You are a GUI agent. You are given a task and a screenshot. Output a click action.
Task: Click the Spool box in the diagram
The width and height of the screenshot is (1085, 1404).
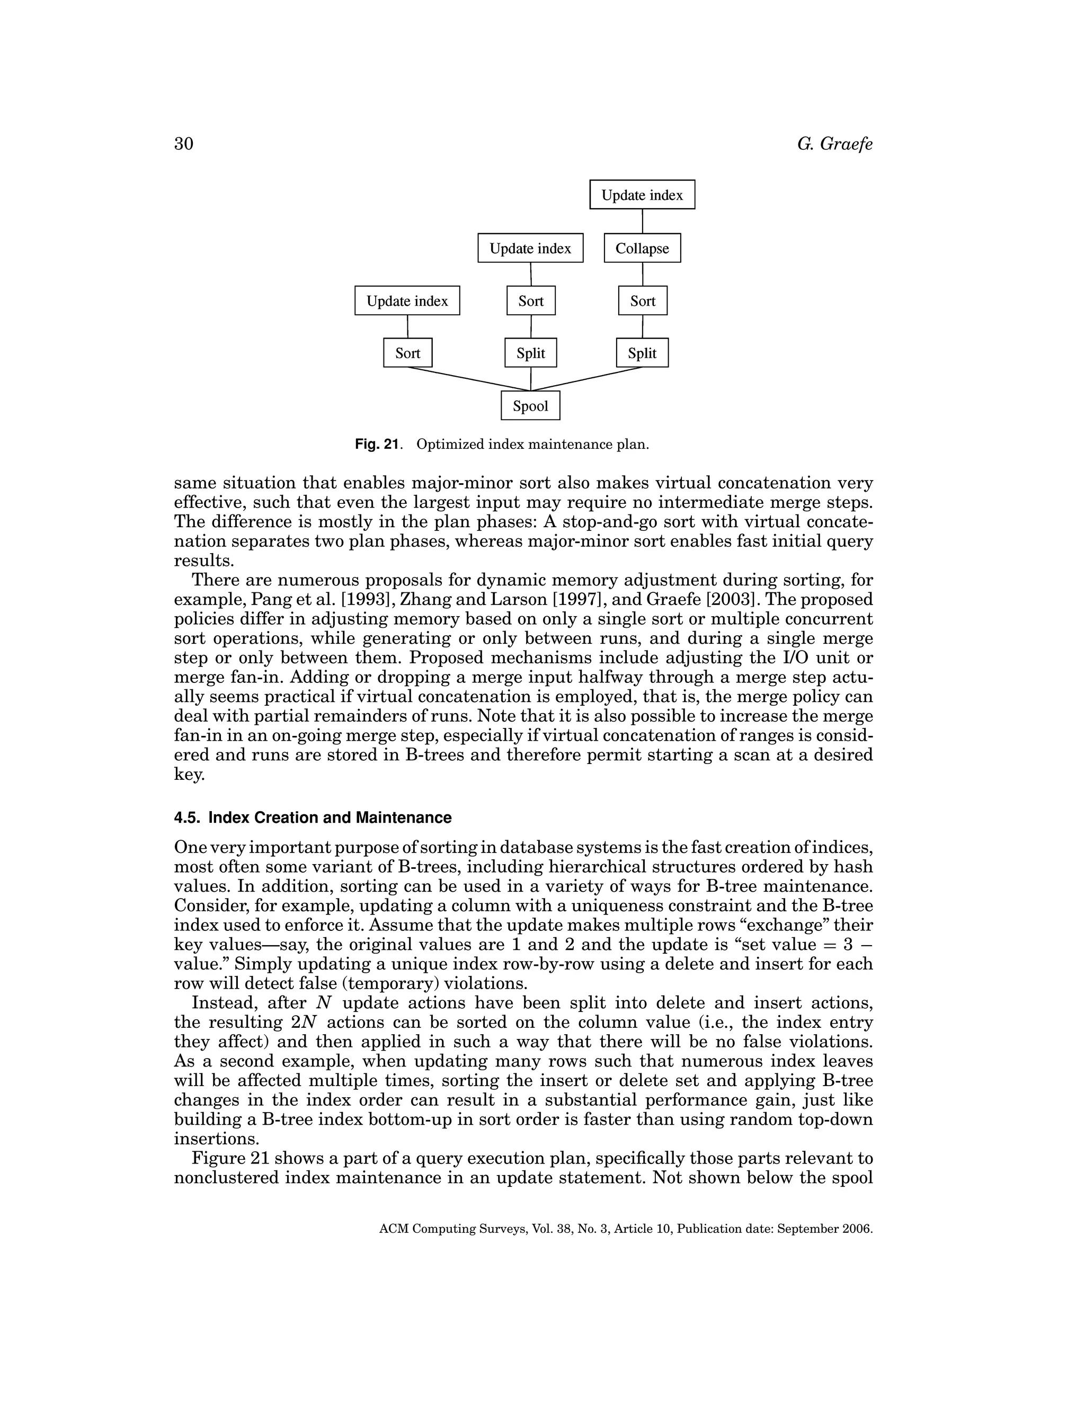530,406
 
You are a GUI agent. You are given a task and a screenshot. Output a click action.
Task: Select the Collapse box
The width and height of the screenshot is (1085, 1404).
642,248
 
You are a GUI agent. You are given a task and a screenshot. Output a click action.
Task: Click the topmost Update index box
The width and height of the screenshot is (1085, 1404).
642,195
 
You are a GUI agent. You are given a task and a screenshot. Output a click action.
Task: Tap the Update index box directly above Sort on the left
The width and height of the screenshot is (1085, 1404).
407,301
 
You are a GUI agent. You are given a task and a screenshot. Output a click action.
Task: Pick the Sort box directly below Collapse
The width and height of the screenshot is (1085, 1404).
643,301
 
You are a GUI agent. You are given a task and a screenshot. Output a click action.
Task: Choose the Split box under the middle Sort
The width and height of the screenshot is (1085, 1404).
530,353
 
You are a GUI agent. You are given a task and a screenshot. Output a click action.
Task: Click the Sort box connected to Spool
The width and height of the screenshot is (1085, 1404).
407,353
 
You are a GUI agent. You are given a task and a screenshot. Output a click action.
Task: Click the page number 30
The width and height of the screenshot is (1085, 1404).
184,144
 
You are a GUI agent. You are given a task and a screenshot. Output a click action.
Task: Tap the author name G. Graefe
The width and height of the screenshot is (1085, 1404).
834,144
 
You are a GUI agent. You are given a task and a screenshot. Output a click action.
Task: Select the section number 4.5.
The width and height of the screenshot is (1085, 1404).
188,817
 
